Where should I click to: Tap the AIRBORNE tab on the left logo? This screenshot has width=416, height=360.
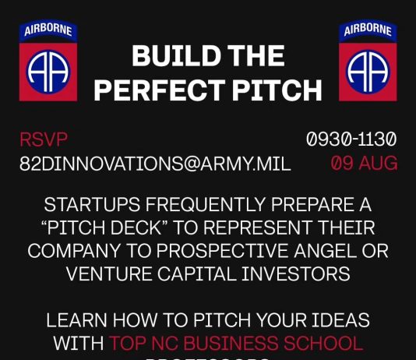48,31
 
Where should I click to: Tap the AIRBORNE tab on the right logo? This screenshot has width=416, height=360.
368,31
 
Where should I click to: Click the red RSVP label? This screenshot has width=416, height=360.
44,140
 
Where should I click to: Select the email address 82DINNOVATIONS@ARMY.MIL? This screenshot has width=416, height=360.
155,164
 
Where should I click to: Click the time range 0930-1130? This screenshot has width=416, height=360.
352,140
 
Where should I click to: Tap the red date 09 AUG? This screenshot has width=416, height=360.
364,164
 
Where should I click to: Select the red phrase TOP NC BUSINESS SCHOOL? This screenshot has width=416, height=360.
236,343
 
